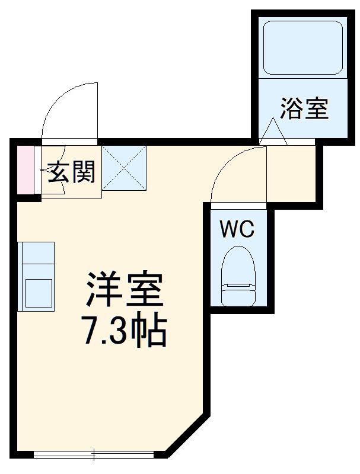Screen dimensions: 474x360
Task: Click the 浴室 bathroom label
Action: coord(304,109)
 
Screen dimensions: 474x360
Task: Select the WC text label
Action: coord(237,228)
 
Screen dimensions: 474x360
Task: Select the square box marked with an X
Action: coord(124,168)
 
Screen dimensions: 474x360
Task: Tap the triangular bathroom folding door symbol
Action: coord(273,132)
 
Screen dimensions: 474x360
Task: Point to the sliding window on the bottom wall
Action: coord(94,454)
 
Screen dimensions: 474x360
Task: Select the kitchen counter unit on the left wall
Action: coord(36,276)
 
